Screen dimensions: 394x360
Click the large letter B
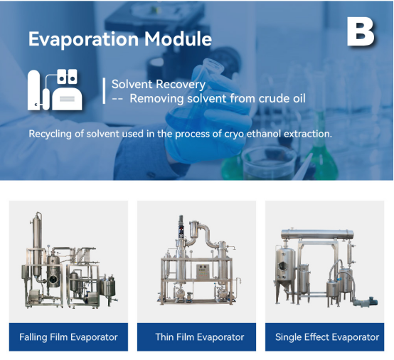[361, 32]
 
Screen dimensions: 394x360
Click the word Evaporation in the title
[83, 39]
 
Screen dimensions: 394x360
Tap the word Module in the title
[178, 38]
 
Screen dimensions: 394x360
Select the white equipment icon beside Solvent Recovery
[55, 90]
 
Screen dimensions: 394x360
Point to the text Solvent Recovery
[159, 84]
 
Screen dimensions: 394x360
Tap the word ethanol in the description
[264, 134]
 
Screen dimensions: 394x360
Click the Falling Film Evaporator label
[68, 337]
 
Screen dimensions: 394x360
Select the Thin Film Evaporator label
[200, 337]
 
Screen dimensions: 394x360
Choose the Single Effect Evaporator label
[327, 337]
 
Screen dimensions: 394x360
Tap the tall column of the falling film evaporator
[37, 244]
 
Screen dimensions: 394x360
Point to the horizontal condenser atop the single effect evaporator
[317, 234]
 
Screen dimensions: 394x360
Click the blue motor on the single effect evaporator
[371, 301]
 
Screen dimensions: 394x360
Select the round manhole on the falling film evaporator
[53, 280]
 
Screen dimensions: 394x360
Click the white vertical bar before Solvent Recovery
[104, 91]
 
